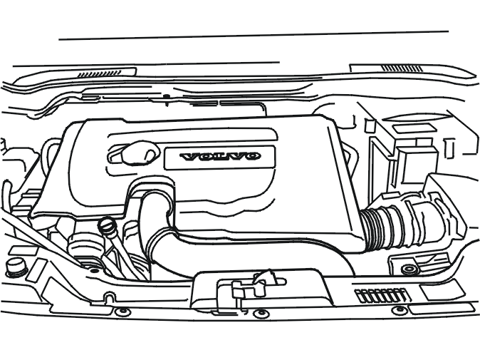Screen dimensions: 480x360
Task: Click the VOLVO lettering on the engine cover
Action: (x=220, y=156)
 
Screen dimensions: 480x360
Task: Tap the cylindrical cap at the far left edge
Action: (x=15, y=267)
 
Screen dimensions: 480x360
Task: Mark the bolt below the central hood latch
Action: (x=260, y=314)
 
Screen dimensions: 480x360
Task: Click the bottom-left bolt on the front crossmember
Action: (x=122, y=312)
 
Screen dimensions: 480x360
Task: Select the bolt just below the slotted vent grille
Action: (x=398, y=310)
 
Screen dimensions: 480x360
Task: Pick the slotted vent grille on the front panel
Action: (x=381, y=295)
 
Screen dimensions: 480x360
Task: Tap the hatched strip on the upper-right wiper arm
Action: (x=402, y=68)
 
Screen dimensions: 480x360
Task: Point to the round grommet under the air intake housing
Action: (x=409, y=269)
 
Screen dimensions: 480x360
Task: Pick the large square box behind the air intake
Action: (x=417, y=165)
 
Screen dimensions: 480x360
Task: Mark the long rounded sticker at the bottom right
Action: (x=441, y=309)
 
